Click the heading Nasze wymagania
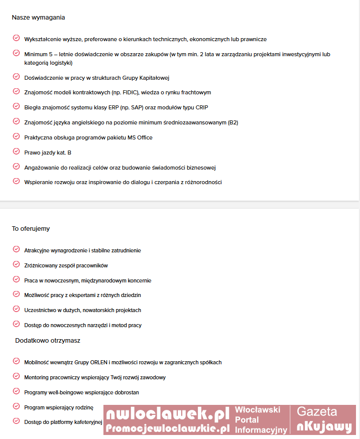pyautogui.click(x=38, y=18)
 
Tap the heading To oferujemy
pyautogui.click(x=31, y=229)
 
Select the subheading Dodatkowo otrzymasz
pyautogui.click(x=48, y=340)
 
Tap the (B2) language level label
pyautogui.click(x=233, y=122)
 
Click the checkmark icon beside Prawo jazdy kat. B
pyautogui.click(x=16, y=152)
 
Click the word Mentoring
pyautogui.click(x=37, y=377)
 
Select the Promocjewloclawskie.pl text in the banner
pyautogui.click(x=168, y=428)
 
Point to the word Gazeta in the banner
pyautogui.click(x=317, y=412)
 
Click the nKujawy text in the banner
pyautogui.click(x=324, y=427)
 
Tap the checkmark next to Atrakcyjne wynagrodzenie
pyautogui.click(x=16, y=249)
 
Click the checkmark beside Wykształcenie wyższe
pyautogui.click(x=16, y=39)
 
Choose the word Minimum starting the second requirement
pyautogui.click(x=36, y=54)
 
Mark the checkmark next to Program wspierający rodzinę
pyautogui.click(x=16, y=407)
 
